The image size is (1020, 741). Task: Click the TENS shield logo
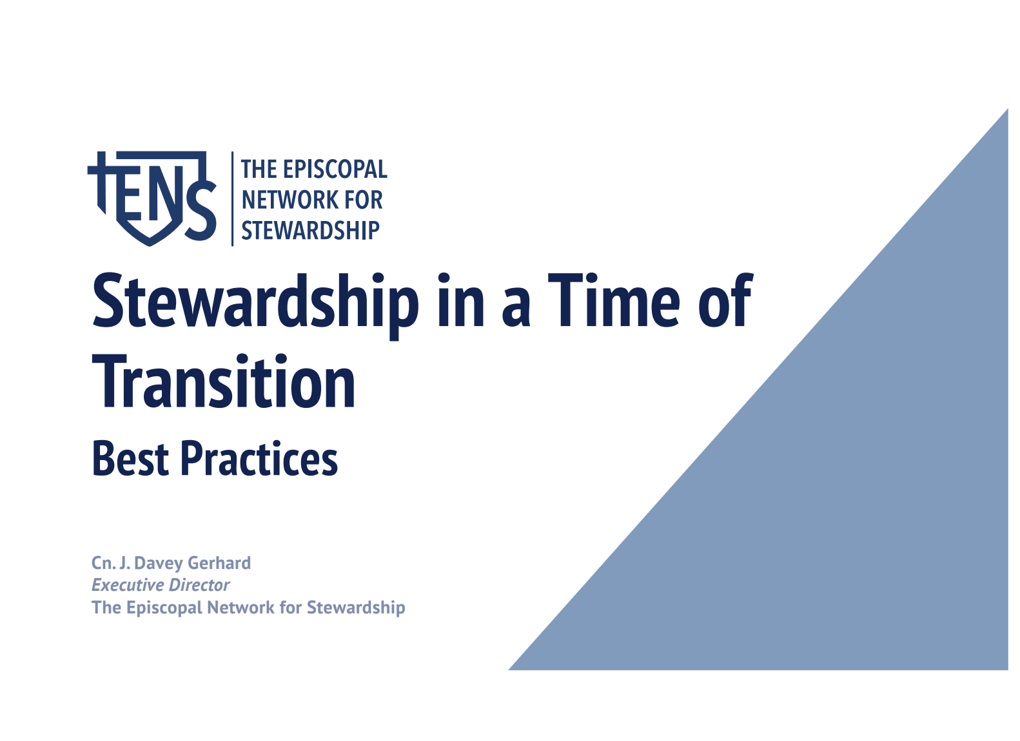click(152, 199)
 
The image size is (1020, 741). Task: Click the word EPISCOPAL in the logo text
click(335, 169)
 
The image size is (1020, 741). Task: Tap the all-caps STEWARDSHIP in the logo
click(311, 230)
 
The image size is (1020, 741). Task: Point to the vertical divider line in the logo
click(233, 199)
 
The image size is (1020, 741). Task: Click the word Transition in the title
click(224, 381)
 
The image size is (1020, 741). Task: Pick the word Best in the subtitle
click(131, 458)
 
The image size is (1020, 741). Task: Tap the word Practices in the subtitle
click(260, 458)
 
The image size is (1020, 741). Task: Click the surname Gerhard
click(219, 563)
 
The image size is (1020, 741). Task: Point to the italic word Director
click(197, 585)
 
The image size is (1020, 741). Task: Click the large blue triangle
click(843, 501)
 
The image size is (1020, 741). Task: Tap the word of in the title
click(726, 300)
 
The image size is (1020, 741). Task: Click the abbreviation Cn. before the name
click(104, 564)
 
